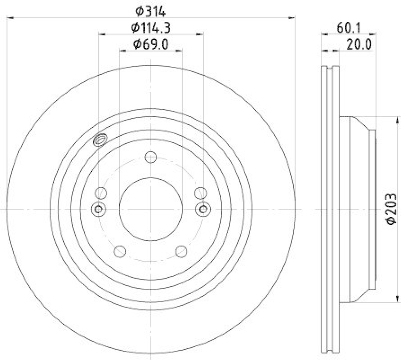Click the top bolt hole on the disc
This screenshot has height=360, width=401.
151,157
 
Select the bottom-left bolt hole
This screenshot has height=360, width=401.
120,251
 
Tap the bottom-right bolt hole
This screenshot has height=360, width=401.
181,251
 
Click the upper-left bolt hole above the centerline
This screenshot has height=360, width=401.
101,193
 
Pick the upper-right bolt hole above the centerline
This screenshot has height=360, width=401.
200,193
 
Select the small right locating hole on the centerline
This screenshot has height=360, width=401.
203,209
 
